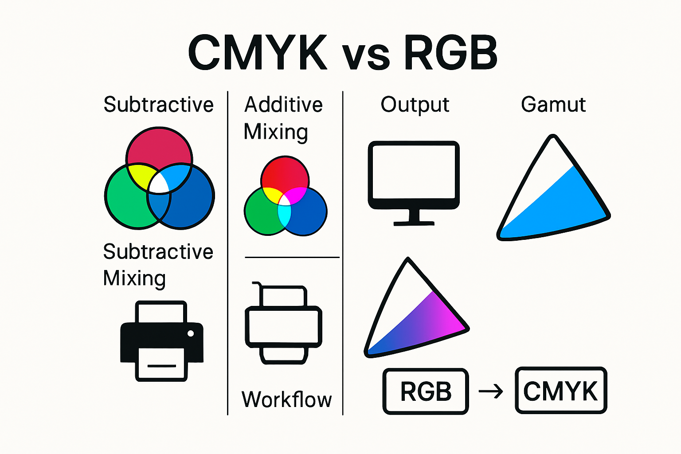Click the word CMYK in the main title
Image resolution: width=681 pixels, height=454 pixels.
[x=257, y=53]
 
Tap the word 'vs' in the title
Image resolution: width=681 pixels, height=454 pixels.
[x=366, y=56]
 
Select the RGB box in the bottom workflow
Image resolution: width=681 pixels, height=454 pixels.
[x=426, y=391]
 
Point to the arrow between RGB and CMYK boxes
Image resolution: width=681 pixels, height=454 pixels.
[x=491, y=391]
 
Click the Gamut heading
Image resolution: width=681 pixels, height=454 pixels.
[x=553, y=105]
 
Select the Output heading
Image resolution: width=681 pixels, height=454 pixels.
[x=415, y=105]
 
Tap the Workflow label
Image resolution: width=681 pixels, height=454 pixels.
[x=286, y=399]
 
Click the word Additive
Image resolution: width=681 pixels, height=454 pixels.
[x=284, y=105]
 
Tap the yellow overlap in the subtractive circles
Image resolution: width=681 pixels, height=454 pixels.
[x=138, y=174]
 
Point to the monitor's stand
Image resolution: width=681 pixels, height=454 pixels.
[x=414, y=217]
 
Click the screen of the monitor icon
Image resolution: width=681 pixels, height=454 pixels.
[x=414, y=172]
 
